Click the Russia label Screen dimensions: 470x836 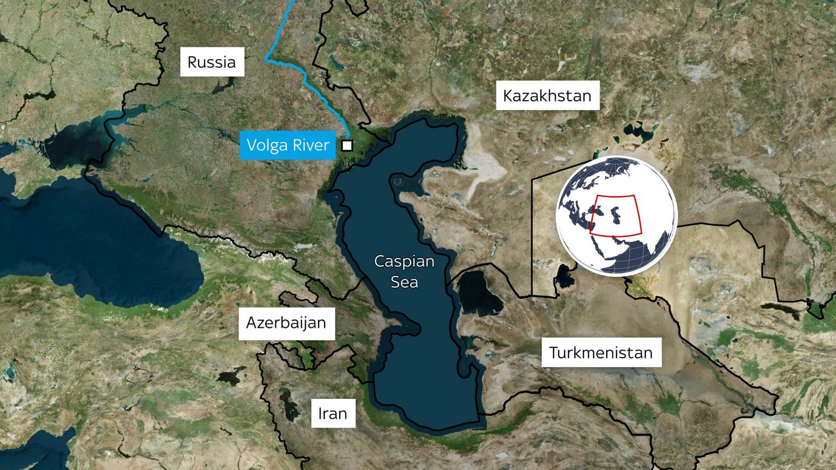(212, 62)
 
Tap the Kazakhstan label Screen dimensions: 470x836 (547, 96)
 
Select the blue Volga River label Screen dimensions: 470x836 (288, 145)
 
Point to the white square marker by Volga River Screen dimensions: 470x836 (347, 145)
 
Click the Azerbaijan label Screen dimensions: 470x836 (286, 323)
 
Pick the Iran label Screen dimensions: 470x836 (333, 414)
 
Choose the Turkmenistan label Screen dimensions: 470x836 (601, 352)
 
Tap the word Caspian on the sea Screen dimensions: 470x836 (404, 261)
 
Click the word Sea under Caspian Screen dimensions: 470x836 (404, 283)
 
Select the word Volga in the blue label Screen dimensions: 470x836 (266, 145)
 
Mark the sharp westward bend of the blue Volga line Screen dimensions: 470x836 (267, 58)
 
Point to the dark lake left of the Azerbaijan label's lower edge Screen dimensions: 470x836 (230, 375)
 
